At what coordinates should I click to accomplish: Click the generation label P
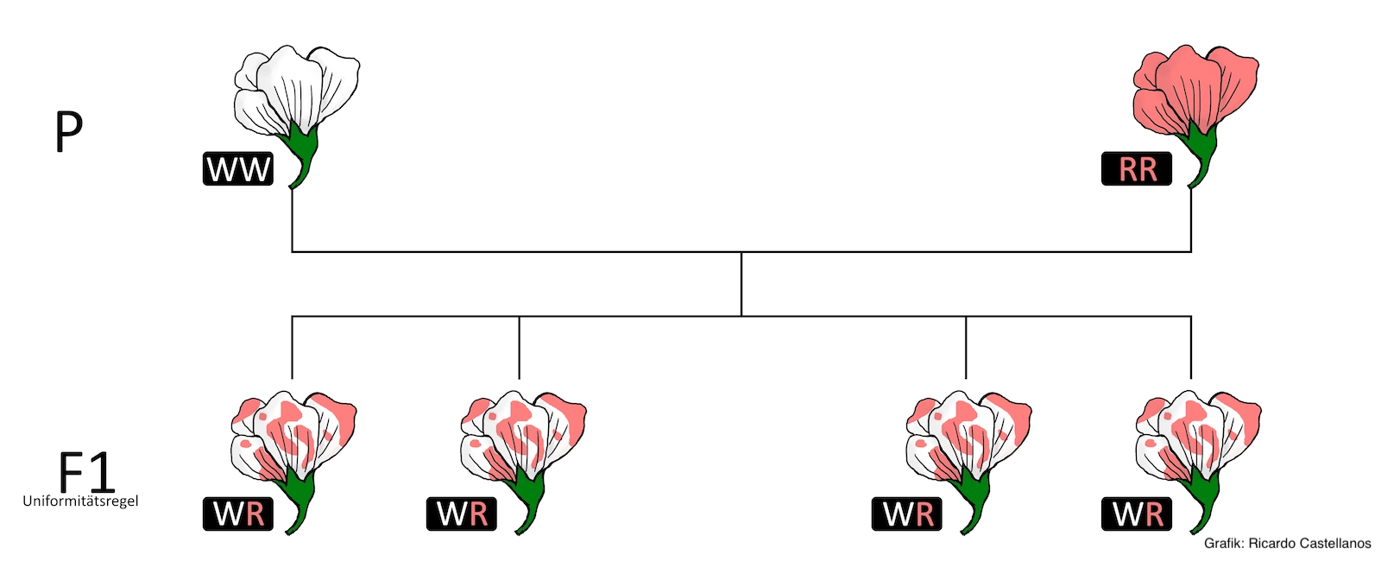point(68,131)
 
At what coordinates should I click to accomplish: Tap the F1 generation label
point(86,471)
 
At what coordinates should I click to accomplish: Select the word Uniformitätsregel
point(81,501)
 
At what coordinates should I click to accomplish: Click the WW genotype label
point(238,169)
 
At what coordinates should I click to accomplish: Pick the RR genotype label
point(1136,169)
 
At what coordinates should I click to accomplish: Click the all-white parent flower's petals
point(296,90)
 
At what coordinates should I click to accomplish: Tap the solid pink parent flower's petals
point(1195,90)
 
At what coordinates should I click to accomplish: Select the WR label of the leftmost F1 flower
point(238,514)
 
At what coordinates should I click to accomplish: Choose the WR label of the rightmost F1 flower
point(1136,514)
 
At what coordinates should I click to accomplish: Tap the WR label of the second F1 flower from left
point(461,514)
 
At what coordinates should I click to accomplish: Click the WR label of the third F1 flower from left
point(907,514)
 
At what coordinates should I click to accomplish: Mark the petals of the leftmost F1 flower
point(293,435)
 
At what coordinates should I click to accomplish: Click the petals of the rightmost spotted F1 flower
point(1198,435)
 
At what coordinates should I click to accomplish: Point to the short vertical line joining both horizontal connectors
point(741,284)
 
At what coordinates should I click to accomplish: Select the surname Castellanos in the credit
point(1334,544)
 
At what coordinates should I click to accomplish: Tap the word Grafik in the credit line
point(1223,544)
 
